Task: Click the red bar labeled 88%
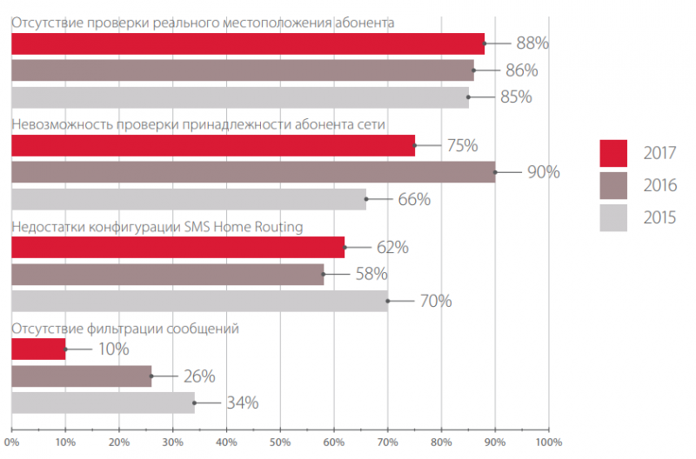tap(248, 43)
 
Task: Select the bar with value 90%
tap(253, 171)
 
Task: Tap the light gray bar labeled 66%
tap(188, 199)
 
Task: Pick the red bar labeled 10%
tap(38, 349)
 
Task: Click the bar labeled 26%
tap(81, 376)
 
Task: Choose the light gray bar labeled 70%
tap(199, 301)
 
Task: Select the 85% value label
tap(516, 96)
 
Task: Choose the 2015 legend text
tap(661, 217)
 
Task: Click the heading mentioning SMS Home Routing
tap(157, 228)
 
